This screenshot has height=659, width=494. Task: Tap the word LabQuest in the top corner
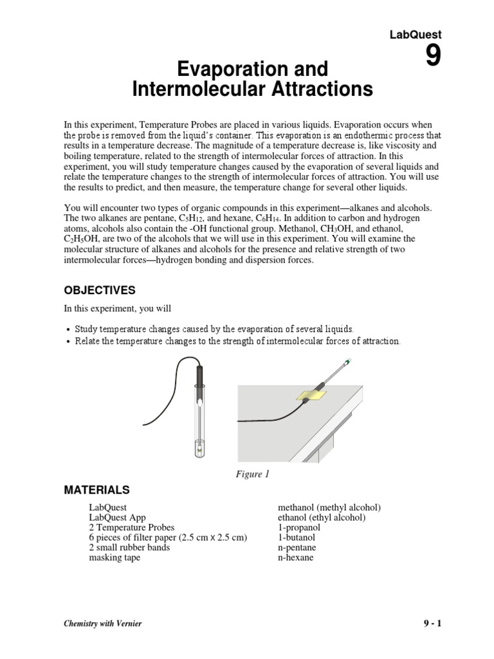coord(416,35)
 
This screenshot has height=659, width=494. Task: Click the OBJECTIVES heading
coord(100,290)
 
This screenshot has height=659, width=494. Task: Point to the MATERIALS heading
coord(96,490)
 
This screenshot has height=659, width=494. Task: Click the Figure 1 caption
coord(251,475)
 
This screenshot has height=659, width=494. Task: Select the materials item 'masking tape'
coord(114,557)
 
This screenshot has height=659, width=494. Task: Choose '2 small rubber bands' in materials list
coord(129,548)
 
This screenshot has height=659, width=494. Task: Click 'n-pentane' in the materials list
coord(297,548)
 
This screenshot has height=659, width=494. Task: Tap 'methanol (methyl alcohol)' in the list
coord(329,507)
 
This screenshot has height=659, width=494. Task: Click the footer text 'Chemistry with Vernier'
coord(102,624)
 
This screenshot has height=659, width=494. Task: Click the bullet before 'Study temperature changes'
coord(68,329)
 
